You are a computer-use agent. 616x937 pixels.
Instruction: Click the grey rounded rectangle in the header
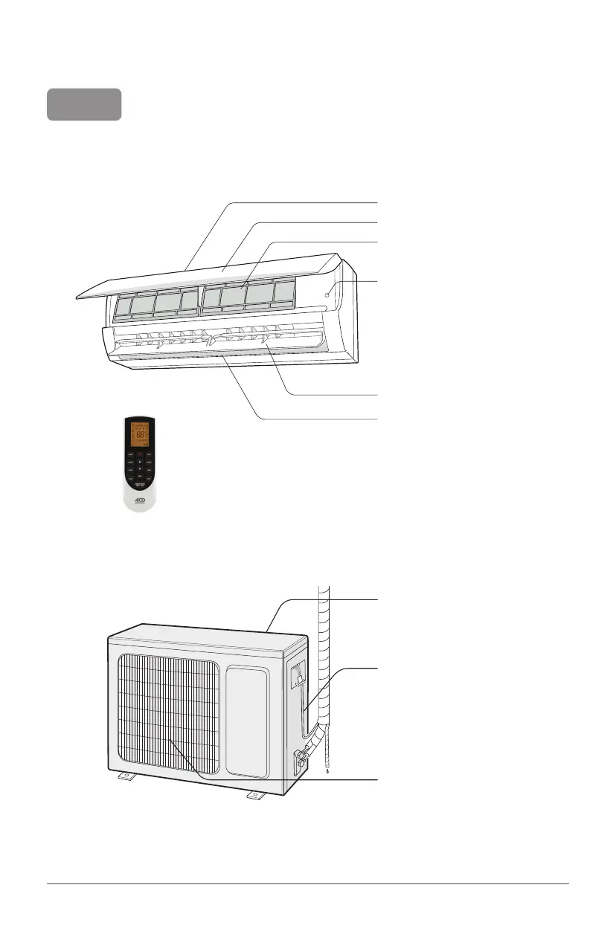tap(84, 105)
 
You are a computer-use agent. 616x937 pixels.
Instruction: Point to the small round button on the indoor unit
tap(327, 294)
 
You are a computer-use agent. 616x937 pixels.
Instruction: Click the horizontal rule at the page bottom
tap(308, 884)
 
